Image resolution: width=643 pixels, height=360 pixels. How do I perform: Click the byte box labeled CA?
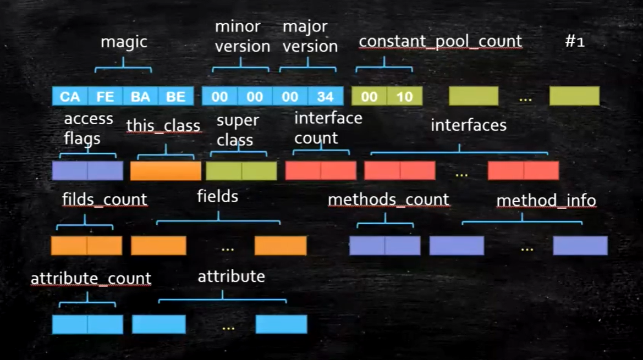[70, 97]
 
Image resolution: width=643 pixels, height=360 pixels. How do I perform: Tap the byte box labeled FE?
[105, 97]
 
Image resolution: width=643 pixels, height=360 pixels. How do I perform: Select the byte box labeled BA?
[140, 97]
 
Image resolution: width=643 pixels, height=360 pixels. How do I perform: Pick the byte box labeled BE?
[175, 97]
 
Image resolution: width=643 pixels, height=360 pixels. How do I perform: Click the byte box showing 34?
[325, 97]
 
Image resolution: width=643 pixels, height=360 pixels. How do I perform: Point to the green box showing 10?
[404, 97]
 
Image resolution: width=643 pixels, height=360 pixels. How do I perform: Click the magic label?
[124, 42]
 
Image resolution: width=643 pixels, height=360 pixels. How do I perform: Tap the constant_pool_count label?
[440, 41]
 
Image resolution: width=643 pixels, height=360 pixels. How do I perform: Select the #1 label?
[575, 42]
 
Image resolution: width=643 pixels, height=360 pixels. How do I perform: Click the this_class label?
[163, 125]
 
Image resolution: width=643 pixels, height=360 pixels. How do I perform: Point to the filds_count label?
[105, 199]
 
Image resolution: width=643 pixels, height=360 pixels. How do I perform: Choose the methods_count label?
[388, 200]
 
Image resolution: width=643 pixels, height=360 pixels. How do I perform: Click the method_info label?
[546, 201]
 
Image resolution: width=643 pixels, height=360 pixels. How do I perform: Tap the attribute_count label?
[91, 278]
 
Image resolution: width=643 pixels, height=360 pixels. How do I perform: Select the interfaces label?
[468, 125]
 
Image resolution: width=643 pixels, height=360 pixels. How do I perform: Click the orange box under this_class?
[166, 171]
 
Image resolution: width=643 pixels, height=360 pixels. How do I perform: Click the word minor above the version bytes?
[237, 26]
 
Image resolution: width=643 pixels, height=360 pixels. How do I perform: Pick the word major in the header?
[305, 26]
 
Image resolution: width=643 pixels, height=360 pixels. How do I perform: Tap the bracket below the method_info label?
[521, 221]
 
